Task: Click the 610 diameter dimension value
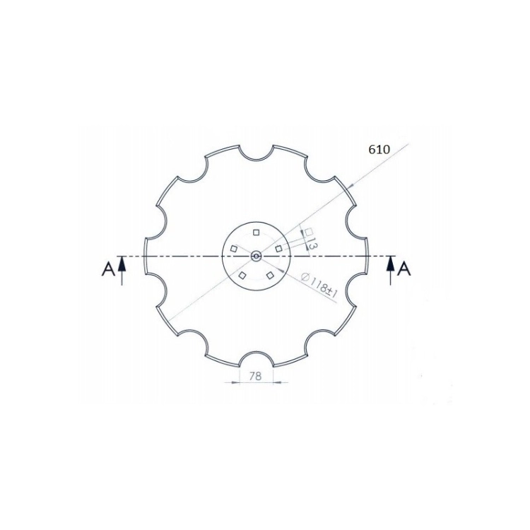[x=379, y=149]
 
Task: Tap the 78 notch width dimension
[x=255, y=376]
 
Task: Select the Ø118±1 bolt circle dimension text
[x=319, y=285]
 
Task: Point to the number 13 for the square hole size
[x=312, y=244]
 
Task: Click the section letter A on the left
[x=108, y=270]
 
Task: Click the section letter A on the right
[x=404, y=269]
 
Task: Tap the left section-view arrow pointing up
[x=122, y=271]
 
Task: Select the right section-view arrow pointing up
[x=391, y=271]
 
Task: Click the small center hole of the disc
[x=256, y=257]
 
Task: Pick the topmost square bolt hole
[x=256, y=232]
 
